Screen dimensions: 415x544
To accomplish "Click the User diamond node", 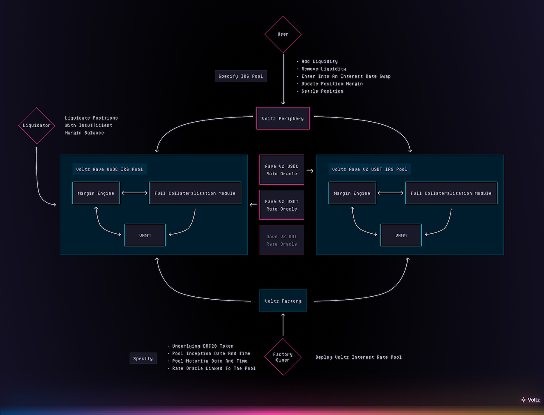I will [283, 34].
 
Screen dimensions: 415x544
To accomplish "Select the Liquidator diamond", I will [37, 126].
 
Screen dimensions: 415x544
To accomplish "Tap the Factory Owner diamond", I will [283, 357].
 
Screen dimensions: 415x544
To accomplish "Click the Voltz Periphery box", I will [283, 118].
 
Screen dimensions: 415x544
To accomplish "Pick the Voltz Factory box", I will [283, 301].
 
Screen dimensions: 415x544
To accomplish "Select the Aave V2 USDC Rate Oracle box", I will [282, 170].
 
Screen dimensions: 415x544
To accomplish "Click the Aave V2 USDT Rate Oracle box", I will [282, 205].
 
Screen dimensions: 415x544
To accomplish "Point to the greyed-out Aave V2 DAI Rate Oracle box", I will [282, 240].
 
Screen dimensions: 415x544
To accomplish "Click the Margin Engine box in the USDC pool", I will [96, 193].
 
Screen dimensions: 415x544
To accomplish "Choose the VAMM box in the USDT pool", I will [401, 235].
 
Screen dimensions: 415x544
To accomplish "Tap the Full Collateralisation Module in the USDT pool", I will [451, 193].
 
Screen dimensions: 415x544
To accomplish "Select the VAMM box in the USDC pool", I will [145, 235].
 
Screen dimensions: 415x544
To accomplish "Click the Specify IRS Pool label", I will [241, 76].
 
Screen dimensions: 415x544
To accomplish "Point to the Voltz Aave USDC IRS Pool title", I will [110, 169].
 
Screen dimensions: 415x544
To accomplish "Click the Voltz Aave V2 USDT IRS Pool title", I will [370, 169].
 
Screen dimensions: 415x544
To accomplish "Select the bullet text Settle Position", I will [322, 91].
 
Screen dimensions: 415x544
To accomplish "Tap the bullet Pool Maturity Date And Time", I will [210, 361].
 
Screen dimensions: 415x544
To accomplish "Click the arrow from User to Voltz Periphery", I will [283, 79].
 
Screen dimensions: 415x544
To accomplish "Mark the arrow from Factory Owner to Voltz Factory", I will [283, 325].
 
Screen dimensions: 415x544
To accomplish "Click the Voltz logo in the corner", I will [530, 400].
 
